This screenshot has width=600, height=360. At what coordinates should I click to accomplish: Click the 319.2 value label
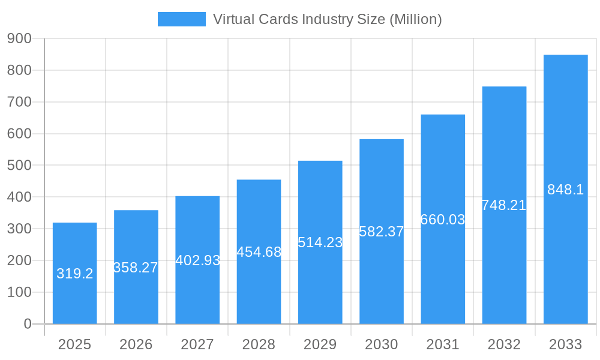tap(74, 274)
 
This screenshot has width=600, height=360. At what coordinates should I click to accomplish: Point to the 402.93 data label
tap(197, 260)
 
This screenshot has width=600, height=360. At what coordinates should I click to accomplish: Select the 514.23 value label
tap(320, 242)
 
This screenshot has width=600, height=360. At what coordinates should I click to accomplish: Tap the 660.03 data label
tap(443, 220)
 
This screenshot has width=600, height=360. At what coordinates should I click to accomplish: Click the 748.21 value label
tap(504, 205)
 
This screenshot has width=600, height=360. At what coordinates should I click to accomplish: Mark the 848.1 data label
tap(565, 190)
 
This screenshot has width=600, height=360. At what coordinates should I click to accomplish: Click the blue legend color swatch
tap(181, 19)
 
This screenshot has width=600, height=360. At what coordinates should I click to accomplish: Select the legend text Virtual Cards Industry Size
tap(327, 19)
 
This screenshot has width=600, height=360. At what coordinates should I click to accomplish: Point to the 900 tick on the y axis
tap(19, 38)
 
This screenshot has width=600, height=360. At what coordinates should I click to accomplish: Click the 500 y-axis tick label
tap(19, 165)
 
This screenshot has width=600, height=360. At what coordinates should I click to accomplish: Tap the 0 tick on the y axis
tap(27, 324)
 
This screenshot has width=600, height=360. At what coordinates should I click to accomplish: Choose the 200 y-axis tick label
tap(19, 260)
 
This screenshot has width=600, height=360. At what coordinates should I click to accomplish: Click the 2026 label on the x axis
tap(136, 344)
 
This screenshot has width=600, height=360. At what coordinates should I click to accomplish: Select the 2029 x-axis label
tap(320, 344)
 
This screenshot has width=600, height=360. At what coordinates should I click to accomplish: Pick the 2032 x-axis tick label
tap(504, 344)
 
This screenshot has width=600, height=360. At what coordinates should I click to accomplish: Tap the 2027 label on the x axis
tap(197, 344)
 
